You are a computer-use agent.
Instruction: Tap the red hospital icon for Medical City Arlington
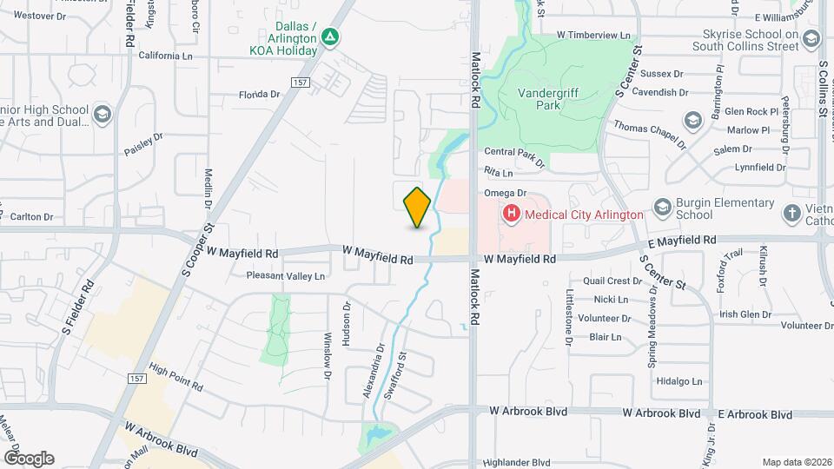click(x=512, y=214)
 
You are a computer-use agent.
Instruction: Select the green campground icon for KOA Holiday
click(x=329, y=37)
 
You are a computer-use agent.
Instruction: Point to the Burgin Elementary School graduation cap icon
click(x=663, y=207)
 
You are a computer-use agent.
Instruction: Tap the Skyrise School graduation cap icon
click(x=811, y=38)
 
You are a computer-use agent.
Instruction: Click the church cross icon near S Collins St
click(x=791, y=213)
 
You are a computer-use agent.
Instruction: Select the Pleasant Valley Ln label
click(x=286, y=276)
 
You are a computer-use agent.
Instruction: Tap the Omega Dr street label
click(x=506, y=193)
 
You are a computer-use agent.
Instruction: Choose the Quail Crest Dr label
click(x=612, y=281)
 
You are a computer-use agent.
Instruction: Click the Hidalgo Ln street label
click(x=679, y=381)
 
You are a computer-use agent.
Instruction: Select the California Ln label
click(x=165, y=55)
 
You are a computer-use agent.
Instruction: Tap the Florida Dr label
click(x=259, y=94)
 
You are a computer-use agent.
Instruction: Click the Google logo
click(x=29, y=458)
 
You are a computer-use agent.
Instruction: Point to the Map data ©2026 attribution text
click(x=796, y=462)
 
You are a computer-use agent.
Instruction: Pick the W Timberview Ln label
click(x=593, y=35)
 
